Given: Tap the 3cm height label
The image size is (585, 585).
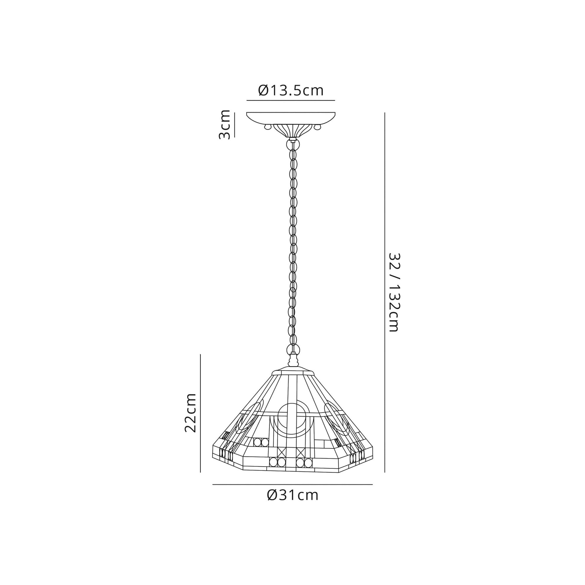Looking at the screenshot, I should coord(225,124).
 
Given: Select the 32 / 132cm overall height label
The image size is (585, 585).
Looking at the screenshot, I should coord(394,292).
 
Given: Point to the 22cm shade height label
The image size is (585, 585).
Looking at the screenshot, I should coord(191,413).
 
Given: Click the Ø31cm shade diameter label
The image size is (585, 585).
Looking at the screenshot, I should coord(293,495).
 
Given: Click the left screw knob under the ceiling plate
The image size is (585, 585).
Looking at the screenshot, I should coord(267,127).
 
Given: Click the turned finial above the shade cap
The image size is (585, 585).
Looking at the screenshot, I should coord(293,361).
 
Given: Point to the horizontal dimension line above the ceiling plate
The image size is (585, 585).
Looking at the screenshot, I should coord(291,100).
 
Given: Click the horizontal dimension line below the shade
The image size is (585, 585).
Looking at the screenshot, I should coord(292,484).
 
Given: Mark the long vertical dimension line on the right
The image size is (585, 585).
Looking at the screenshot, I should coord(385,292).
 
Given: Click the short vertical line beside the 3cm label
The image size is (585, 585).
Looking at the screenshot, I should coord(234,124).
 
